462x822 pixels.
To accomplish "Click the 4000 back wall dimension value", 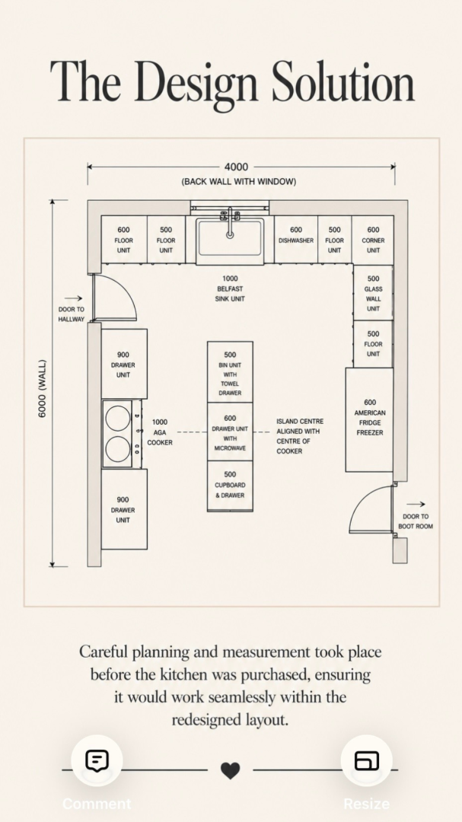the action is [x=236, y=167].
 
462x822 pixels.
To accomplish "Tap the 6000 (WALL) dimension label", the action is [x=43, y=388].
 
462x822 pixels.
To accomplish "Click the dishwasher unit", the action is [x=296, y=239].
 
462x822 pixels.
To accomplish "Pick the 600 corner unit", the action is [x=373, y=240].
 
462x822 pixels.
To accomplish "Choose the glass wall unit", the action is [x=373, y=292].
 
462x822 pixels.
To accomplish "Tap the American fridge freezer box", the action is [x=369, y=419].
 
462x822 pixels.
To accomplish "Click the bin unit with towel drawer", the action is [x=230, y=372].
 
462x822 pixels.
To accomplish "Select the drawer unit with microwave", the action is [x=230, y=432].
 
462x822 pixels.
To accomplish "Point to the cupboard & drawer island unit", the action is [x=230, y=486].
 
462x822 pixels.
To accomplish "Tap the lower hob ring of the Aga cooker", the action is [x=118, y=449].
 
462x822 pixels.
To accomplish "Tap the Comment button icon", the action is [x=97, y=760].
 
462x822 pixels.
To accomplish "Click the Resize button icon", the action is [x=367, y=760].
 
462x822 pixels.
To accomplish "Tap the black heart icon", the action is [x=230, y=770].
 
